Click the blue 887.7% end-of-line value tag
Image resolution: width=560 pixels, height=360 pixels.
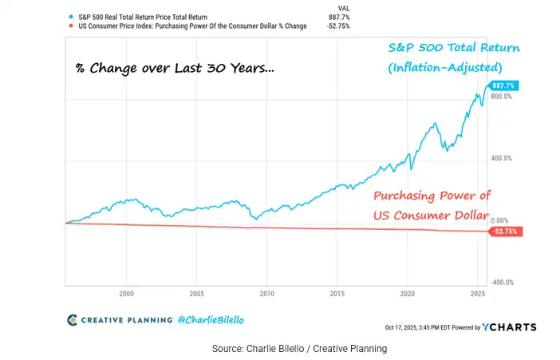[503, 85]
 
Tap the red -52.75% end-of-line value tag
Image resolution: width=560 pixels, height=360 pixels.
[504, 231]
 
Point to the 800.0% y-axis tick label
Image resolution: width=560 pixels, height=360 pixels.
[502, 97]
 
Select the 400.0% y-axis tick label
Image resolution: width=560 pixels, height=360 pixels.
[502, 158]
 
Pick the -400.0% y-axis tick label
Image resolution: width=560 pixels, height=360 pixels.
[501, 283]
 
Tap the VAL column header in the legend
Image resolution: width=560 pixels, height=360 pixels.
[345, 6]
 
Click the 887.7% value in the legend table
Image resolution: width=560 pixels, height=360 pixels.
[340, 15]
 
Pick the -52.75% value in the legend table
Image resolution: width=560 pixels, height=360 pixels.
[338, 26]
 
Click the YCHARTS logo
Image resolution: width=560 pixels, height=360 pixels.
[511, 326]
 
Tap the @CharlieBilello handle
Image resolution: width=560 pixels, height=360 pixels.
[212, 319]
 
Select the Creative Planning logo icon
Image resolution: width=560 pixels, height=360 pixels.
[73, 319]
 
